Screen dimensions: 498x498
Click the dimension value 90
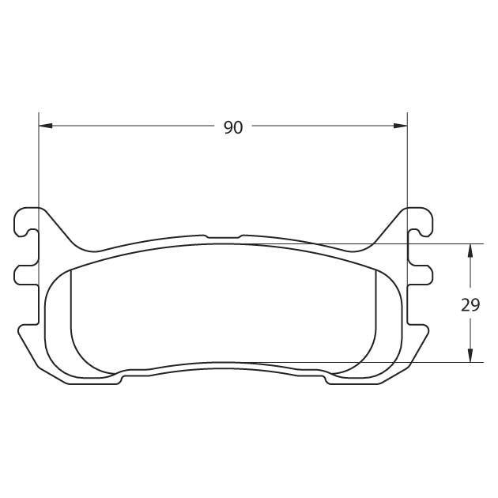coord(233,128)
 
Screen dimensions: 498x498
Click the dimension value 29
coord(470,305)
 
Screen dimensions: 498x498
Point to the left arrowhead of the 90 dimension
coord(45,126)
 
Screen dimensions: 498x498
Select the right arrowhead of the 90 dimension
coord(400,126)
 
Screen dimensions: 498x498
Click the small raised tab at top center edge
coord(223,236)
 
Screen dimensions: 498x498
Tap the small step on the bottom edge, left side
coord(121,379)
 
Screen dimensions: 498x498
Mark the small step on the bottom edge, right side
coord(325,379)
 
